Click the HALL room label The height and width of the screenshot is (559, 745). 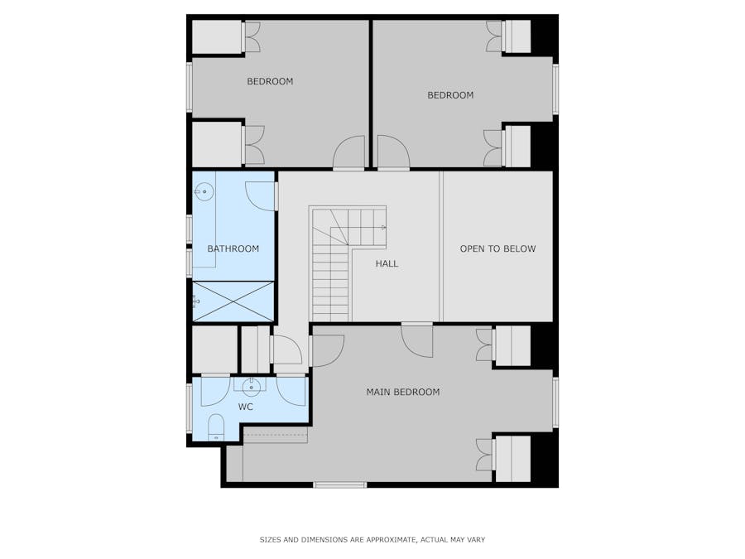[387, 264]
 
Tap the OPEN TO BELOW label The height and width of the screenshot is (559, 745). [497, 248]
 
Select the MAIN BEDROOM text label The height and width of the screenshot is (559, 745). [403, 393]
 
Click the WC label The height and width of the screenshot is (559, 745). [246, 407]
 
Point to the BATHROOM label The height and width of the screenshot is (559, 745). [233, 248]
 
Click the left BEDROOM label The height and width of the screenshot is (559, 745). [270, 81]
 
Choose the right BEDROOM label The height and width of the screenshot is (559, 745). [450, 95]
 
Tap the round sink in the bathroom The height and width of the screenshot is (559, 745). [204, 191]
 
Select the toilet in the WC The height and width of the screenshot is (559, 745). [215, 428]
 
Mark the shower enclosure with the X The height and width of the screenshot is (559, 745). [233, 301]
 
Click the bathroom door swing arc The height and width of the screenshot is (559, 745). [260, 195]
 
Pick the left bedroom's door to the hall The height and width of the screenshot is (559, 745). [348, 153]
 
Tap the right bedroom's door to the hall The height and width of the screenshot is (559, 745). [393, 153]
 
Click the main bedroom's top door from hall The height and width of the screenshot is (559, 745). [417, 340]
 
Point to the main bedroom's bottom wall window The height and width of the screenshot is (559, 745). [339, 484]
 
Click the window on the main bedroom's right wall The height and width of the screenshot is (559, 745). [555, 402]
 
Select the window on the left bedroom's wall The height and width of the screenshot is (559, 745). [190, 87]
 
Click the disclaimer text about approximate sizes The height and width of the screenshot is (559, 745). [372, 540]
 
